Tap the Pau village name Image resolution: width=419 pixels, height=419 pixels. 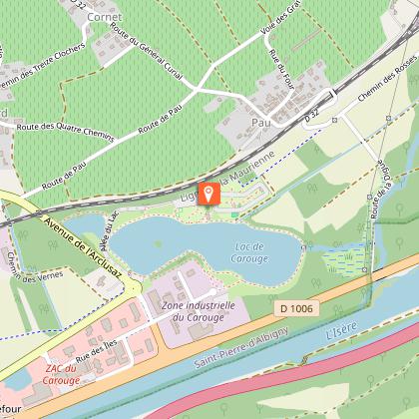click(x=261, y=123)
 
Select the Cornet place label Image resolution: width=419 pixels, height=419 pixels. click(x=104, y=17)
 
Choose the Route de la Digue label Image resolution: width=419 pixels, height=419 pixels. click(x=378, y=190)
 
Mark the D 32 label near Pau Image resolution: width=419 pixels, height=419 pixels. click(x=312, y=117)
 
